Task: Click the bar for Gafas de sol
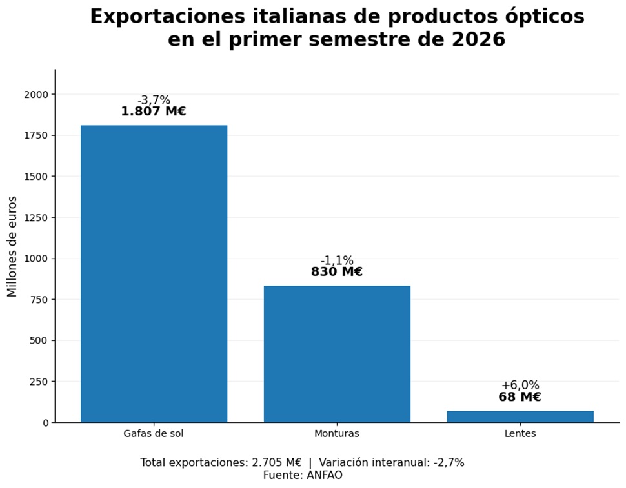(154, 273)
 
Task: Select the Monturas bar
(337, 354)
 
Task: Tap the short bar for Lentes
(520, 416)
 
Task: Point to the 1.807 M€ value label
(154, 112)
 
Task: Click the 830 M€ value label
(337, 272)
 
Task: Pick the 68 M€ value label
(520, 397)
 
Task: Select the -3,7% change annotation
(154, 100)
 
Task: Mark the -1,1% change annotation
(337, 260)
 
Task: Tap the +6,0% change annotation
(520, 385)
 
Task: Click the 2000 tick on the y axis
(36, 95)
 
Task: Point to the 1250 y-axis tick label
(36, 218)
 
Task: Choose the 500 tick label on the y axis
(39, 340)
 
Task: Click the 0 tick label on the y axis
(46, 423)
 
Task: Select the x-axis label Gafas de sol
(154, 434)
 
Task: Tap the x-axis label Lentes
(520, 434)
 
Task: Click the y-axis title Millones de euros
(12, 246)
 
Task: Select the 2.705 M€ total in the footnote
(277, 462)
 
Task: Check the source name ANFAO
(325, 475)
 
